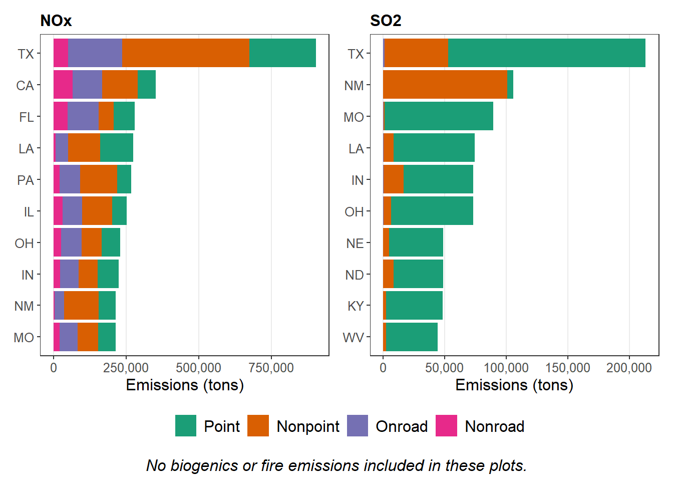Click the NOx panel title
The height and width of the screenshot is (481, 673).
(56, 21)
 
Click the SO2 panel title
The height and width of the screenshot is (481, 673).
(386, 21)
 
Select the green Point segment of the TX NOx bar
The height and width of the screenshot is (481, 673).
(282, 53)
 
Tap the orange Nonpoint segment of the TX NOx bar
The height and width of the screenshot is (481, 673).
(186, 53)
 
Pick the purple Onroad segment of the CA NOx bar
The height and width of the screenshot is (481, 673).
(87, 85)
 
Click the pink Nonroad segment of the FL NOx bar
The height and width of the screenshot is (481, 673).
(61, 116)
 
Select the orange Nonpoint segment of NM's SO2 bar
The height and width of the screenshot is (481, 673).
(445, 85)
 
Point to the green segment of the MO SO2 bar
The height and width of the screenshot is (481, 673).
(439, 116)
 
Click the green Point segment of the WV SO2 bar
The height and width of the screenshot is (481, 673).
(412, 337)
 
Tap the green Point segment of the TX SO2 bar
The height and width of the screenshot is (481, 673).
(546, 53)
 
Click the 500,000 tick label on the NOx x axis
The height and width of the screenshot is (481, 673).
(198, 368)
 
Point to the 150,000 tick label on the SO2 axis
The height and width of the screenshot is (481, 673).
(567, 368)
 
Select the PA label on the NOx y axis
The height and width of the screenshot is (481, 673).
(25, 180)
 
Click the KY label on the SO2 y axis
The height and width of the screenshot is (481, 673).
(356, 306)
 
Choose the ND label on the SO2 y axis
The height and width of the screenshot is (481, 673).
(355, 275)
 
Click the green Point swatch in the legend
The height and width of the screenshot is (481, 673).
(186, 426)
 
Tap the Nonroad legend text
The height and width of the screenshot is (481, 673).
(495, 426)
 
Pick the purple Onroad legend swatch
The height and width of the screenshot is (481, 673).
(357, 426)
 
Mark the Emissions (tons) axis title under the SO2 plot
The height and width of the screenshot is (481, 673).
(514, 385)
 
